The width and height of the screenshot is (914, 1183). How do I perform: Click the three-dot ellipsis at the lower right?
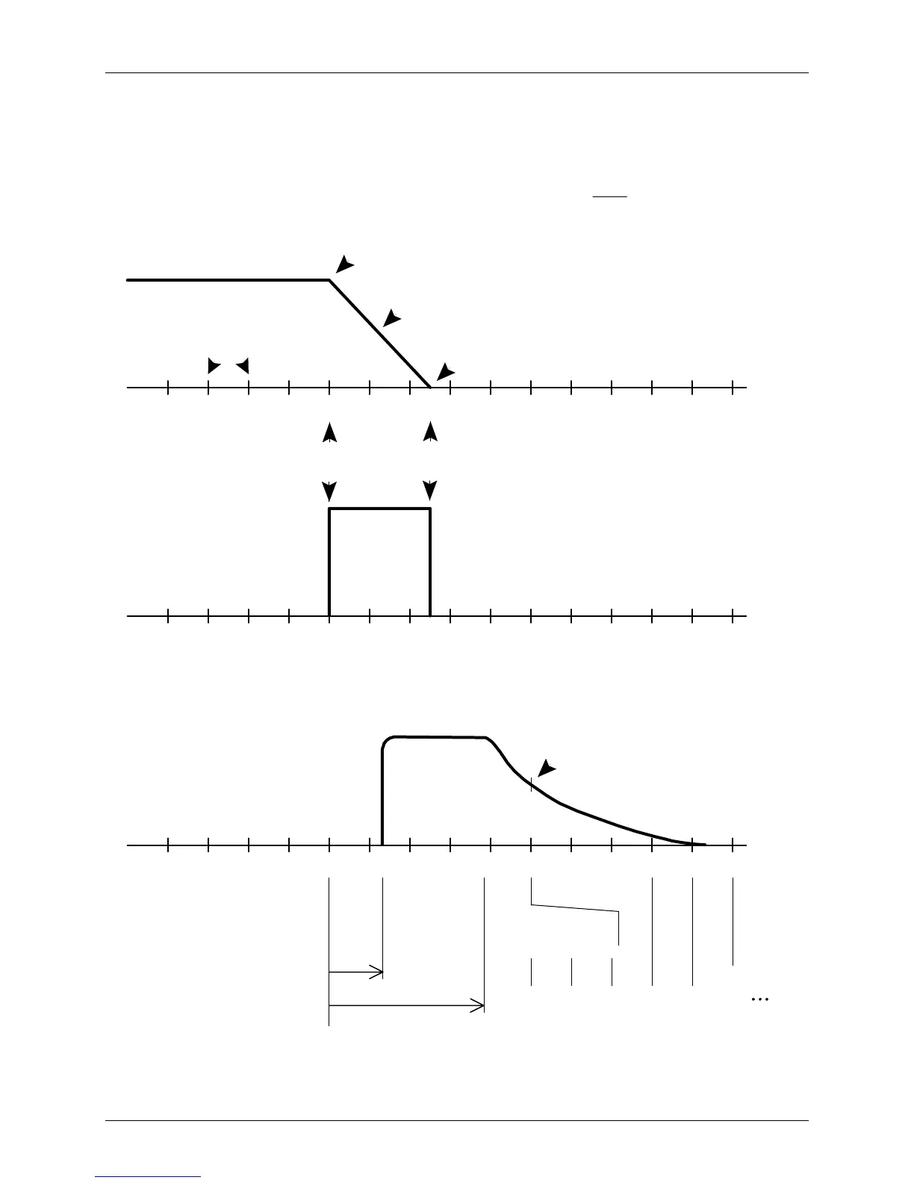point(759,999)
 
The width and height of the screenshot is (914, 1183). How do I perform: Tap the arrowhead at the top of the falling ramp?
point(344,264)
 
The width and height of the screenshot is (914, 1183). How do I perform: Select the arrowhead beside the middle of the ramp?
point(391,318)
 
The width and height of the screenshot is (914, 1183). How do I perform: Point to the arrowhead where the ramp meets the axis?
point(445,371)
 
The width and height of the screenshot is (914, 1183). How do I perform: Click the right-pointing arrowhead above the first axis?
point(214,366)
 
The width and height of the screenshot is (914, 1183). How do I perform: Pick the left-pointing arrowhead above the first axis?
point(243,366)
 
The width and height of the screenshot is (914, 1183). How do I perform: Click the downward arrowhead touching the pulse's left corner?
point(329,491)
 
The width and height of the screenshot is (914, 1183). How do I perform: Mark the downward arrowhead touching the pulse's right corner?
point(430,491)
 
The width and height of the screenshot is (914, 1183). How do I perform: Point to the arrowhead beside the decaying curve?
point(547,768)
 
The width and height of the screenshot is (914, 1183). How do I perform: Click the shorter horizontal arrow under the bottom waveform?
point(356,972)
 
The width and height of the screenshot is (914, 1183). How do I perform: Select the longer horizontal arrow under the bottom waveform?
point(407,1007)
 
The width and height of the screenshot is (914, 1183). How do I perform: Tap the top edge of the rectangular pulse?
point(379,509)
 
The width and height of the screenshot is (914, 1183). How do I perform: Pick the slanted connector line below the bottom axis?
point(575,908)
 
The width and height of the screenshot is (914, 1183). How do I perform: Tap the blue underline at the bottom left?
point(148,1176)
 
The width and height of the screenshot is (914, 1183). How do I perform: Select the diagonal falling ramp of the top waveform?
point(379,333)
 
